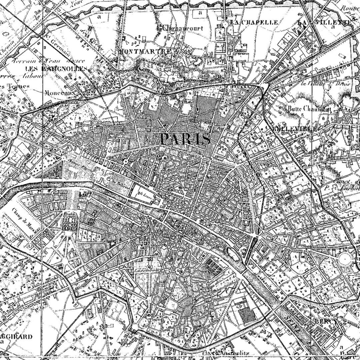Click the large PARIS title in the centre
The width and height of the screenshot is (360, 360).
point(185,139)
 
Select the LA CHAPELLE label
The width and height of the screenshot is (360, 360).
point(254,22)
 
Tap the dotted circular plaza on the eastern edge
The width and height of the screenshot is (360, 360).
point(346,259)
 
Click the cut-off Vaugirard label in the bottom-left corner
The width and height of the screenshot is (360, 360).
point(16,336)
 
